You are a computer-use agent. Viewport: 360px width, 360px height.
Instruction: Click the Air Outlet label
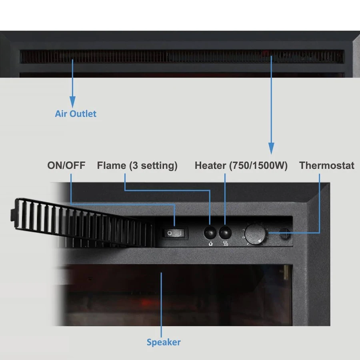pyautogui.click(x=76, y=114)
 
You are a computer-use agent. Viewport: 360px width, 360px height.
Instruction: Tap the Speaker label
pyautogui.click(x=164, y=342)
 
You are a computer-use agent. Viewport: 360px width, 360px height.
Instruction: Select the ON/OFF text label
pyautogui.click(x=66, y=165)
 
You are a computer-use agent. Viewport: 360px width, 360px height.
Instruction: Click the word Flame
pyautogui.click(x=111, y=165)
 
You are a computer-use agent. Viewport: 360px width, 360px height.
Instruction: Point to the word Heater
pyautogui.click(x=210, y=165)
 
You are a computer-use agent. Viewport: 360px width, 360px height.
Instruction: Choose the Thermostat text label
pyautogui.click(x=327, y=165)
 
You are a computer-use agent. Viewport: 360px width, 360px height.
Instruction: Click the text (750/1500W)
pyautogui.click(x=258, y=166)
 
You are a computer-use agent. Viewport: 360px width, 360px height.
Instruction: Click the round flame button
pyautogui.click(x=210, y=232)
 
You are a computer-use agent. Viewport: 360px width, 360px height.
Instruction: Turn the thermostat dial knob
pyautogui.click(x=255, y=234)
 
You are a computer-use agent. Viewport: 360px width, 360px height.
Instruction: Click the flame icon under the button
pyautogui.click(x=210, y=244)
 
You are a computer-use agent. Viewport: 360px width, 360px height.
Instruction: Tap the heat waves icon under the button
pyautogui.click(x=226, y=244)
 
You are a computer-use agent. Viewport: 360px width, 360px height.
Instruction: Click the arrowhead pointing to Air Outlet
pyautogui.click(x=72, y=102)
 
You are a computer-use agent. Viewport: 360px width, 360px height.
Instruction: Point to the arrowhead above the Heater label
pyautogui.click(x=271, y=148)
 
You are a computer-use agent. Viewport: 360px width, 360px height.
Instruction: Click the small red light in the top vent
pyautogui.click(x=266, y=54)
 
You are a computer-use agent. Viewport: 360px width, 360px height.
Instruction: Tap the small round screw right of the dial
pyautogui.click(x=285, y=234)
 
